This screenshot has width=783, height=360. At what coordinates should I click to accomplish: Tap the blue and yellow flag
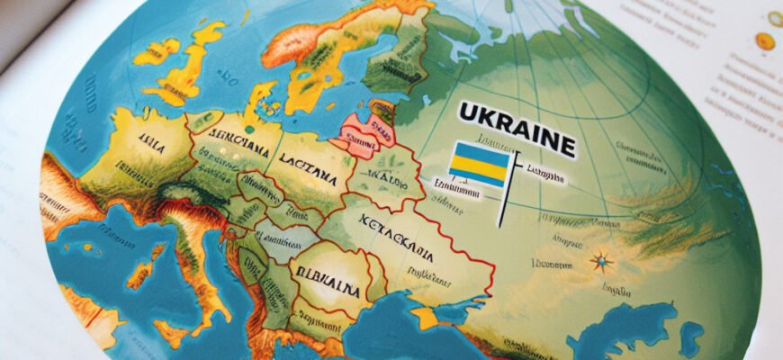coord(480,164)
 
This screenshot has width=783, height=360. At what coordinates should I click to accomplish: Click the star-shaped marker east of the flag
coord(601,263)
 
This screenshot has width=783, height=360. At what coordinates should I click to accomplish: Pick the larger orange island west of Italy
coord(139,274)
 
